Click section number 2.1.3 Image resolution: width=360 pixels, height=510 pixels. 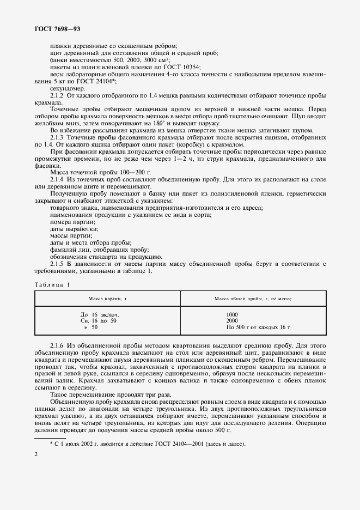click(59, 137)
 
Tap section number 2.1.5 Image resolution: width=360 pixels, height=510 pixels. click(59, 264)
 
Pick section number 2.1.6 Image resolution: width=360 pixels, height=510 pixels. click(59, 346)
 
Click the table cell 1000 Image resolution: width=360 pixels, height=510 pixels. click(233, 314)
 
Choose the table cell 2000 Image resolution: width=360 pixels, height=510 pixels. click(233, 321)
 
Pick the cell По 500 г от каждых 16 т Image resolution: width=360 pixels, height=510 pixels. click(257, 327)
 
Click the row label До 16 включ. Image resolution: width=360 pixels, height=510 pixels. click(100, 314)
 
